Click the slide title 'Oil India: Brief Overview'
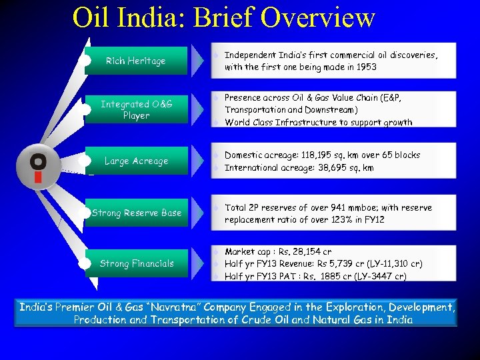(x=223, y=18)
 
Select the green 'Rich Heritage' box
(x=136, y=61)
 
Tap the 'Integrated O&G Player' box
(x=136, y=110)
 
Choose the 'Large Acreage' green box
(x=136, y=161)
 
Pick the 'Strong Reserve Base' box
(x=136, y=213)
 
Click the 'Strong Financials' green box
(x=136, y=263)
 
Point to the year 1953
(x=364, y=67)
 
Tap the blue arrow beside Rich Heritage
(x=198, y=61)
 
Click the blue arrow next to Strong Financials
(x=198, y=263)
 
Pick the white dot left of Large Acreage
(x=85, y=161)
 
